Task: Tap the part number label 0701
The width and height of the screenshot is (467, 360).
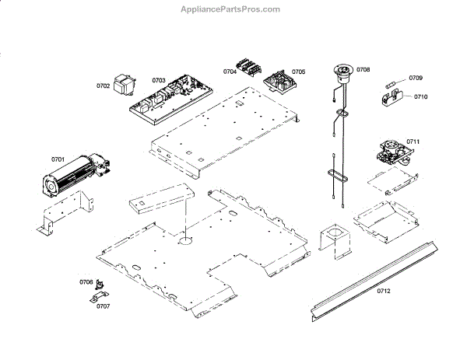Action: (58, 159)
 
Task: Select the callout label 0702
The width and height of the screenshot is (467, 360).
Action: (103, 86)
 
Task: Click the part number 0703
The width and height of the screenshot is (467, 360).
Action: (159, 80)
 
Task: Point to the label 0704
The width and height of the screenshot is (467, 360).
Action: (230, 72)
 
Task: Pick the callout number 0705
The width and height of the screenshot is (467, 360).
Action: (299, 72)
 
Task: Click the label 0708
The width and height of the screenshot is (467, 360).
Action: (363, 70)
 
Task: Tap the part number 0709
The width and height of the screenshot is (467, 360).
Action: (416, 78)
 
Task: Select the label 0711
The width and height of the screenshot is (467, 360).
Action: (413, 142)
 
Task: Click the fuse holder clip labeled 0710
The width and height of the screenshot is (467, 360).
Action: (398, 97)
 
